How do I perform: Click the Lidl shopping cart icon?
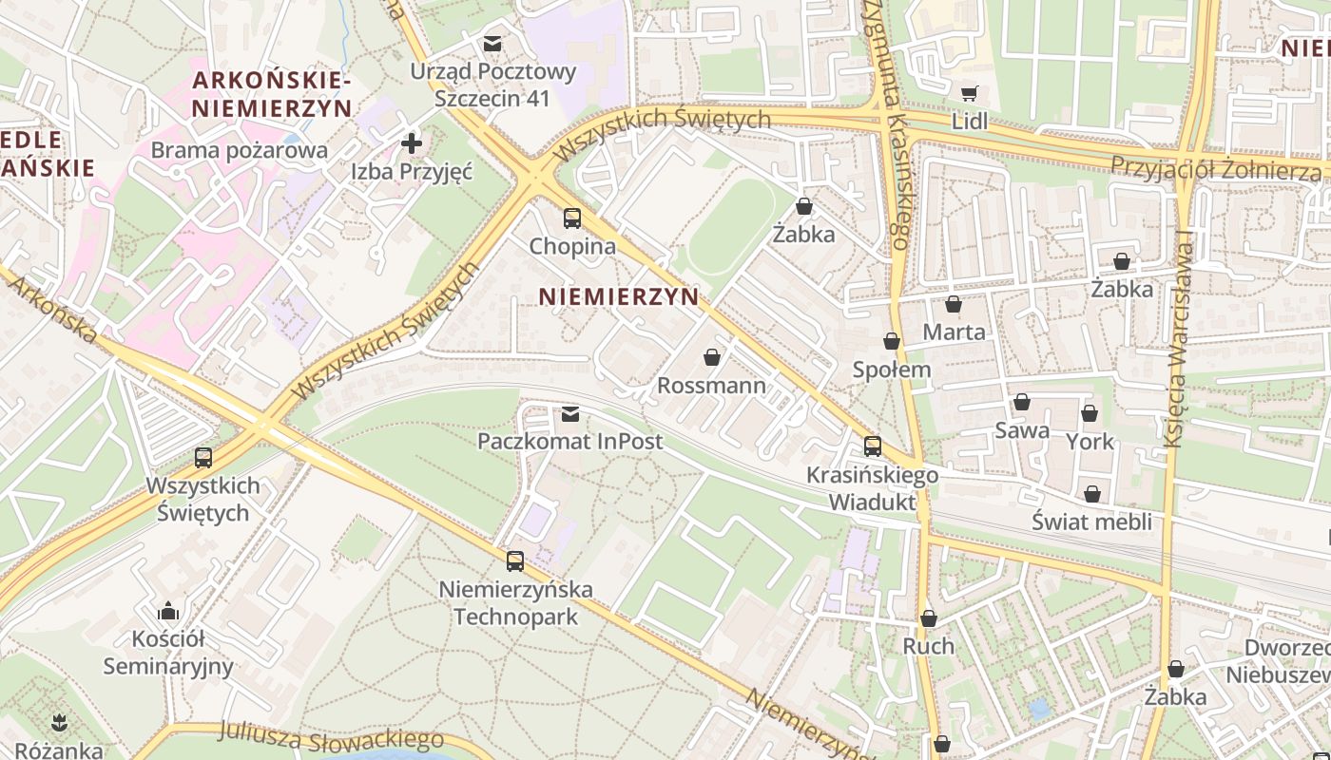tap(969, 93)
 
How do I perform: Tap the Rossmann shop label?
tap(711, 386)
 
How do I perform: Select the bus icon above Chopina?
tap(571, 218)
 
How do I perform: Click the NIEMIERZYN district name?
tap(619, 296)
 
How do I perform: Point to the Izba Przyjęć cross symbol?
tap(412, 144)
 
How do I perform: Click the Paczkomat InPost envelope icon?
tap(569, 413)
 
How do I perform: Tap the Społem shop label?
tap(892, 370)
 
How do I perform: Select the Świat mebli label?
tap(1091, 522)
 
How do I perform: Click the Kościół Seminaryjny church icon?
tap(168, 610)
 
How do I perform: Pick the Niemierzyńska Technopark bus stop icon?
tap(515, 561)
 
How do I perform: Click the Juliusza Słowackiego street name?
tap(331, 736)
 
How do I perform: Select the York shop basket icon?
tap(1090, 414)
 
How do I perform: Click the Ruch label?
tap(928, 646)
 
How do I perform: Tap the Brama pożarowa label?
tap(239, 150)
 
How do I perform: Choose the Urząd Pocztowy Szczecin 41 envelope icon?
tap(492, 44)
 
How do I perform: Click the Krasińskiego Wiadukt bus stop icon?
tap(873, 446)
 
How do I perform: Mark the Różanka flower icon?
tap(59, 722)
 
